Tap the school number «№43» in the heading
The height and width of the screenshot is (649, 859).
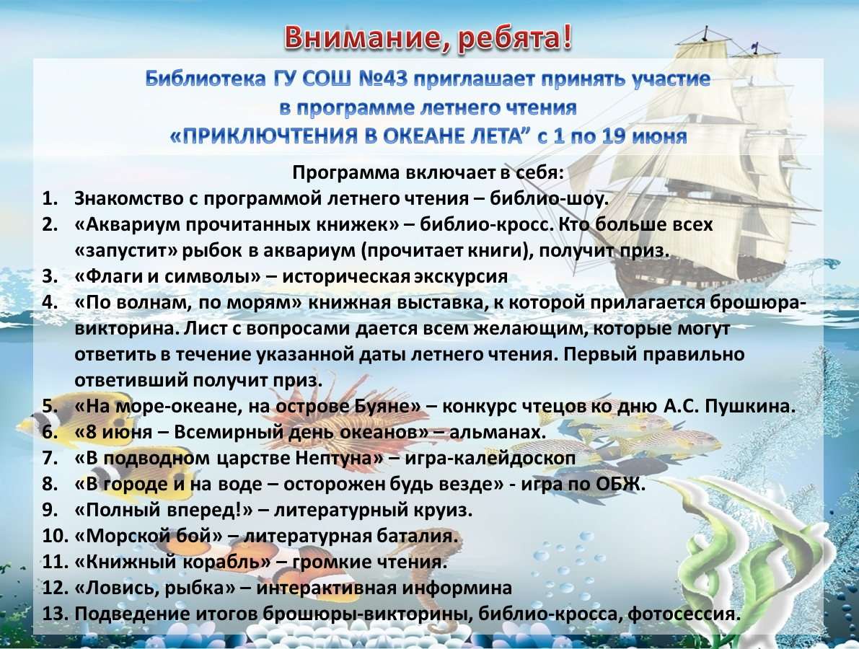(384, 80)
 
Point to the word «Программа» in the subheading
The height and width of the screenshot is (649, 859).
(345, 173)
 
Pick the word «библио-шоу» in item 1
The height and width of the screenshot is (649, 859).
(548, 198)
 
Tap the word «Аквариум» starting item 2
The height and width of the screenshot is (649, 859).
(136, 224)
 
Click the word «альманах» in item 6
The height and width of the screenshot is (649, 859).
(495, 432)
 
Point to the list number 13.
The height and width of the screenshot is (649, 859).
(54, 614)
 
